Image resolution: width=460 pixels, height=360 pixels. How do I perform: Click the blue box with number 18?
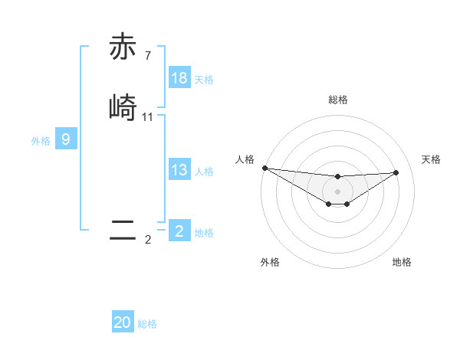coord(179,78)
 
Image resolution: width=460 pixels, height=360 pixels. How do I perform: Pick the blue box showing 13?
coord(179,170)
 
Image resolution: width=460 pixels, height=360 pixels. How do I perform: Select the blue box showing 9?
coord(66,139)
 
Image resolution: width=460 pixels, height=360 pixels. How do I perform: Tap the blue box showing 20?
coord(123,322)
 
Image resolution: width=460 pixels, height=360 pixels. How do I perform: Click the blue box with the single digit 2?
coord(179,231)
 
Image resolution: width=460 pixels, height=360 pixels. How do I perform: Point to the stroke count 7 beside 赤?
coord(148,55)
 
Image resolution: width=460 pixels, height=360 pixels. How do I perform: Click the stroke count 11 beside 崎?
coord(148,117)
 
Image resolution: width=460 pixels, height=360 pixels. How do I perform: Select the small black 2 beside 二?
coord(148,240)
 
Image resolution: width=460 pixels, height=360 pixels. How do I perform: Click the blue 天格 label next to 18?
coord(203,80)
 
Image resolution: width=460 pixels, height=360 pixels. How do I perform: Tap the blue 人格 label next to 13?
coord(203,172)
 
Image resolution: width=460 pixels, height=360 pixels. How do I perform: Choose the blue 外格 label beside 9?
coord(41,141)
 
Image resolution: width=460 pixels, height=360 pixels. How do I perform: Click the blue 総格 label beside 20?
coord(147,324)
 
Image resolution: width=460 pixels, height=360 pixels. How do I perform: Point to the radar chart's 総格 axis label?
coord(337,100)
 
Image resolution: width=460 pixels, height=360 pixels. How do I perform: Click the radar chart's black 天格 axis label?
coord(432,159)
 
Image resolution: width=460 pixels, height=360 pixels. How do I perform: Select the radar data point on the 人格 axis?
coord(264,168)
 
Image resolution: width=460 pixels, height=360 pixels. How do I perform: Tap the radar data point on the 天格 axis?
coord(396,172)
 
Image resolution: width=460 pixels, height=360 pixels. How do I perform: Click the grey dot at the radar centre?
coord(337,191)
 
